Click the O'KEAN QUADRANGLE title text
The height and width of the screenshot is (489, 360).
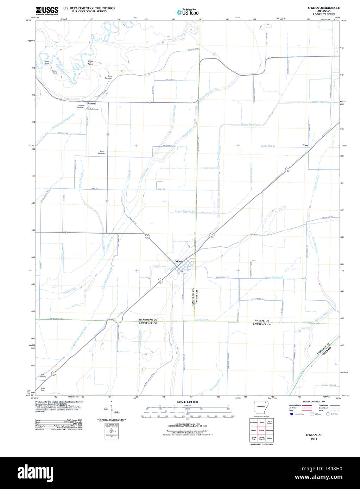point(323,7)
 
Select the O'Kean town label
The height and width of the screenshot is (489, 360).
point(179,261)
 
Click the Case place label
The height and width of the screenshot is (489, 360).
point(305,145)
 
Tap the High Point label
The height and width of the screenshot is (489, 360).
point(90,63)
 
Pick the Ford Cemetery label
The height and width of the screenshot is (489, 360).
point(102,153)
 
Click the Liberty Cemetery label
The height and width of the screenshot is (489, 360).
point(93,109)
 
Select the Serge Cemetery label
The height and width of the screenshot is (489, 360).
point(108,77)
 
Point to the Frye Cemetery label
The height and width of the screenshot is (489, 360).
point(43,375)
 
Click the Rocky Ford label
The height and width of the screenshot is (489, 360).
point(54,72)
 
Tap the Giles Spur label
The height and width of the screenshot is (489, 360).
point(43,389)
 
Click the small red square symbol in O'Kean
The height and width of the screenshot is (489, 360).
point(182,271)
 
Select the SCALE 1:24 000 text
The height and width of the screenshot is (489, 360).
point(188,402)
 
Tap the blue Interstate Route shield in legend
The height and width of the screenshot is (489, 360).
point(291,414)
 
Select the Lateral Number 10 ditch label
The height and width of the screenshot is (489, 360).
point(185,211)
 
